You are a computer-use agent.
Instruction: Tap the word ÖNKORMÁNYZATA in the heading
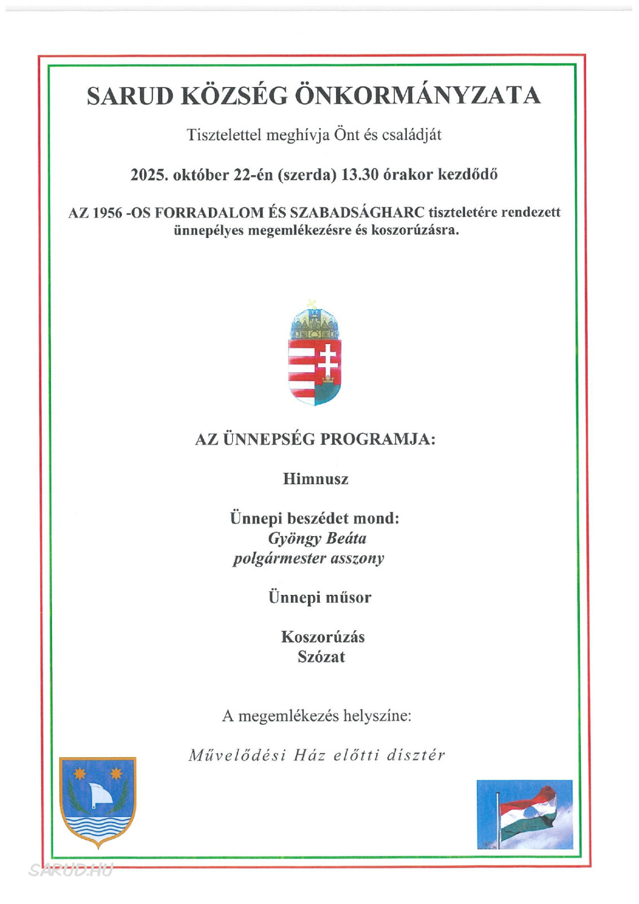coord(418,95)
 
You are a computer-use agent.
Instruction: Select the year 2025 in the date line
coord(149,175)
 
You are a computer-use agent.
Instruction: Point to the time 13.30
coord(359,175)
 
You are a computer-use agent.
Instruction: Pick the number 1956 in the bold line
coord(107,213)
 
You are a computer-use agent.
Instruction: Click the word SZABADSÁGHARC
coord(357,212)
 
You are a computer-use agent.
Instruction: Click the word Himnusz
coord(316,479)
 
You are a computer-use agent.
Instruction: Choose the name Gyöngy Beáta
coord(317,538)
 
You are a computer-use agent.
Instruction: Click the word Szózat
coord(321,657)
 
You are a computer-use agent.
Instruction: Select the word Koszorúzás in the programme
coord(323,637)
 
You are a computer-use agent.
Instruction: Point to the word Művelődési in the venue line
coord(237,755)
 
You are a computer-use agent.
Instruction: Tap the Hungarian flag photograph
coord(524,814)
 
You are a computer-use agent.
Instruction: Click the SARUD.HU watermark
coord(71,870)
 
